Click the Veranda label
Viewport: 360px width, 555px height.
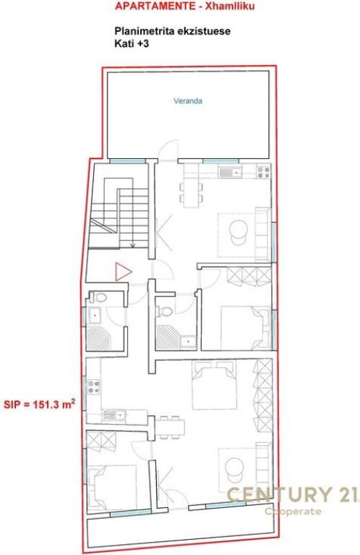click(187, 101)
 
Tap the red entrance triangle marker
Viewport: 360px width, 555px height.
click(124, 272)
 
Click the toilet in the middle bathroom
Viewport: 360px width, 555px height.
click(166, 312)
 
